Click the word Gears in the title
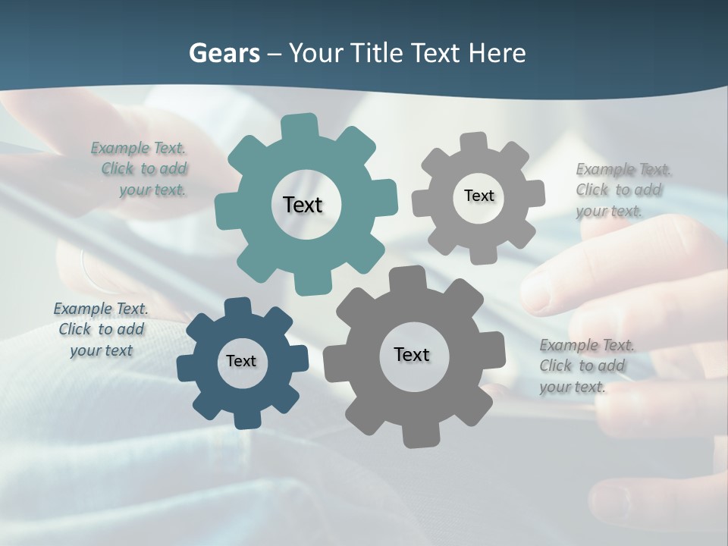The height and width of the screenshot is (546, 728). [224, 53]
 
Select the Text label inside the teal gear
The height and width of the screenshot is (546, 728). [303, 205]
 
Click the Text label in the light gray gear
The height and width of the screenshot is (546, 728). [479, 196]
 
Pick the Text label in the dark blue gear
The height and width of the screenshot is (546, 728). [241, 361]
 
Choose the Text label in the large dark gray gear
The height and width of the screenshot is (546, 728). [412, 354]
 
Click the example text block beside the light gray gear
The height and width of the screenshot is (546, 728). [622, 190]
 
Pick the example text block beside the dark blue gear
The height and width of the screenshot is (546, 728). [101, 329]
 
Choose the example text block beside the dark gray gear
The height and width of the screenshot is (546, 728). [585, 366]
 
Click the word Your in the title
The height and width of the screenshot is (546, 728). [315, 53]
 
